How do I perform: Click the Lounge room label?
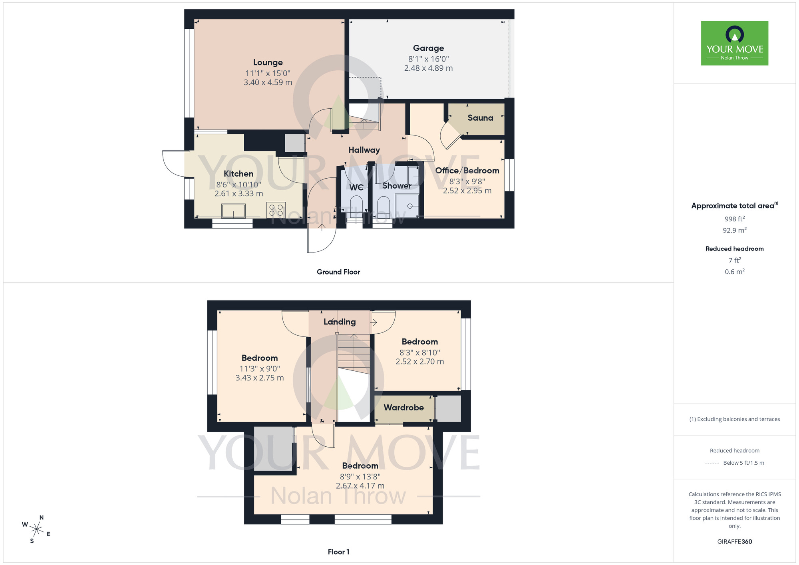coord(268,62)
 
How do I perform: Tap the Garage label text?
coord(428,48)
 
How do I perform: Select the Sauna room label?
coord(480,118)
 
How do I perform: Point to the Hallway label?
coord(364,150)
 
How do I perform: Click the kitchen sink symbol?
coord(233,211)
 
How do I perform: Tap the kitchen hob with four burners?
coord(276,210)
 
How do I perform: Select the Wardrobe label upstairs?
coord(403,408)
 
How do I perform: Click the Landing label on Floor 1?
coord(340,322)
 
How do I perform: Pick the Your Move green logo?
coord(734,43)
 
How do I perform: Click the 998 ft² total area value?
coord(734,219)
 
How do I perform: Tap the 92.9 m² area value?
coord(734,230)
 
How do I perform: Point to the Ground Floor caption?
coord(338,272)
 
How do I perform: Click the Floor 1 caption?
coord(338,552)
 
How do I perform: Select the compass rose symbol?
coord(36,530)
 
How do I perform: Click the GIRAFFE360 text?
coord(734,542)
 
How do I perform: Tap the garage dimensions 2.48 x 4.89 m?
coord(428,68)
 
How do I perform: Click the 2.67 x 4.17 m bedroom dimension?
coord(360,486)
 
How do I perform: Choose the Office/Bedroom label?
coord(467,171)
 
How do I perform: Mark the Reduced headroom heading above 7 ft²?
coord(734,249)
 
